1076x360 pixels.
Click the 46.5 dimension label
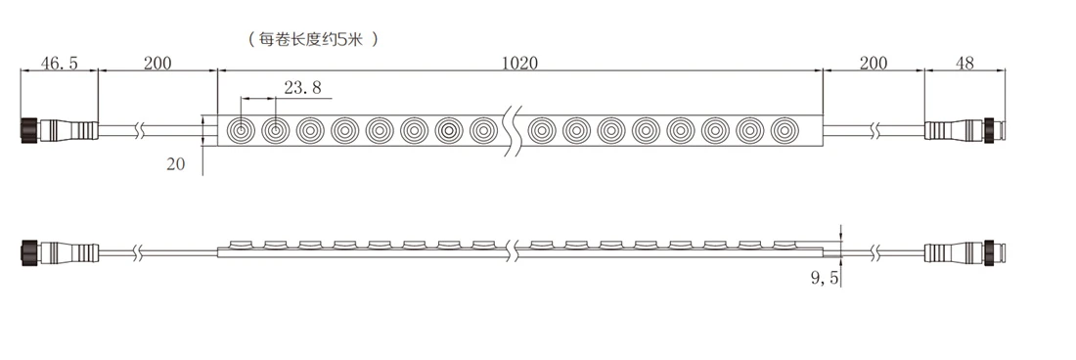59,63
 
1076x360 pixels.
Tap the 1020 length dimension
519,63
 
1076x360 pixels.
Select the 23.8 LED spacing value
302,87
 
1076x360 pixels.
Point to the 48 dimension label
964,63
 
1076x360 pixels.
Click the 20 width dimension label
176,164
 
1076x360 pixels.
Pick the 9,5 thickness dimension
825,278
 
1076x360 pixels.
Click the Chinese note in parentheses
313,39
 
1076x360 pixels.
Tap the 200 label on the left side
157,63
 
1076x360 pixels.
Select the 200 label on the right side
873,63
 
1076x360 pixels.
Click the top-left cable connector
60,129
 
